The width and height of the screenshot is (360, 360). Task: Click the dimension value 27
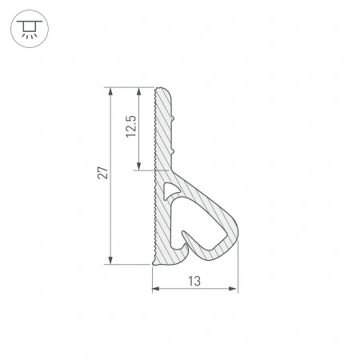(x=102, y=174)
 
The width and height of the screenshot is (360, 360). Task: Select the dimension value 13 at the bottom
(x=194, y=280)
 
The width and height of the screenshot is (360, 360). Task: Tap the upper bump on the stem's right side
(x=174, y=118)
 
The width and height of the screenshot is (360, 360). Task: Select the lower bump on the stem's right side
(x=174, y=150)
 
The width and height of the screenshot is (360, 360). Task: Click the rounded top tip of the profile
(x=163, y=89)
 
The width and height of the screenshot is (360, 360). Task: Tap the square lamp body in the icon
(x=29, y=26)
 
